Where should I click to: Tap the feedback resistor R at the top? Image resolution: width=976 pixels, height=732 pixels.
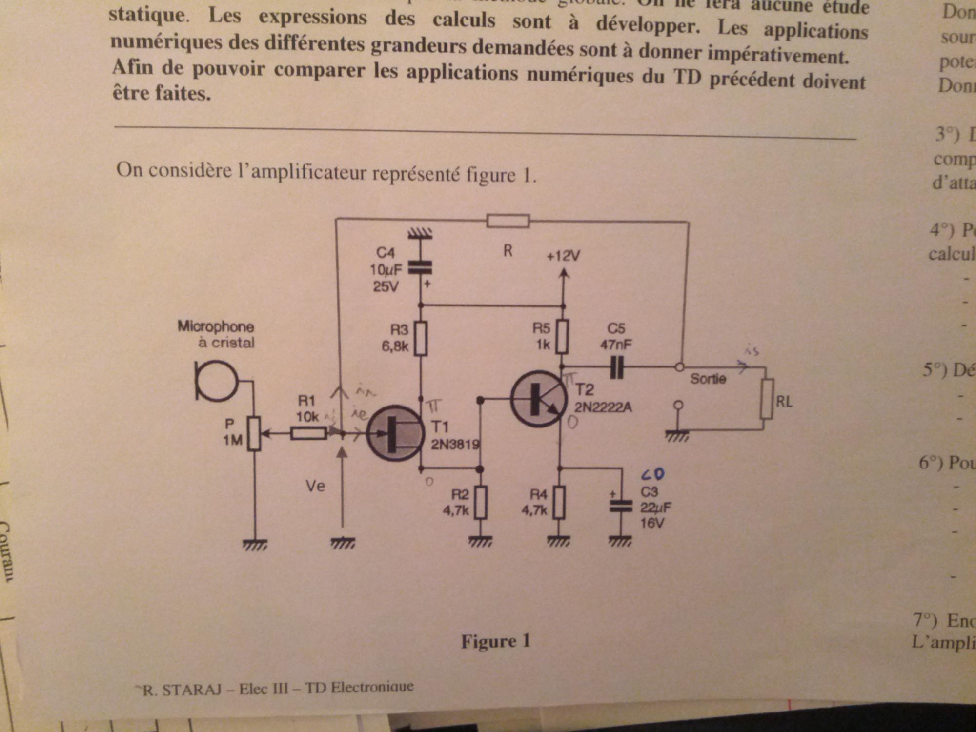click(x=508, y=221)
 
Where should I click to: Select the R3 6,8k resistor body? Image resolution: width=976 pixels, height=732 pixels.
click(x=421, y=338)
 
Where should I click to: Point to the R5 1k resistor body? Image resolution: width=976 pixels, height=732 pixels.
click(x=563, y=337)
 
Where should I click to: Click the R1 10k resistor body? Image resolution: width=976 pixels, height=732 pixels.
click(x=308, y=433)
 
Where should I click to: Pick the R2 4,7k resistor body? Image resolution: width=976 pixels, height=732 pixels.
click(x=481, y=502)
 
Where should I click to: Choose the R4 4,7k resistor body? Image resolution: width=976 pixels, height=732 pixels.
click(x=559, y=502)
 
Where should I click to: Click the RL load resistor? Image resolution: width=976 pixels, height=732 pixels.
click(x=767, y=399)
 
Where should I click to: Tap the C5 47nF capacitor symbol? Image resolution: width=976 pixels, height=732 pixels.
click(x=617, y=367)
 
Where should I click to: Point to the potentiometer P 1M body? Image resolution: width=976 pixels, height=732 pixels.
click(x=254, y=433)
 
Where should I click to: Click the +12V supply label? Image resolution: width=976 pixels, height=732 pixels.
click(x=563, y=256)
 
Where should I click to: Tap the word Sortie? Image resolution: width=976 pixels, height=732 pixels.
click(x=708, y=379)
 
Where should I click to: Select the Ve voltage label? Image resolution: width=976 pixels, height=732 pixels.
click(x=315, y=486)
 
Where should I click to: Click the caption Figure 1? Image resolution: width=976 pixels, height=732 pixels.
click(x=495, y=641)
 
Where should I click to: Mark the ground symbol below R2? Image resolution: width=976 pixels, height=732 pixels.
click(x=480, y=541)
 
